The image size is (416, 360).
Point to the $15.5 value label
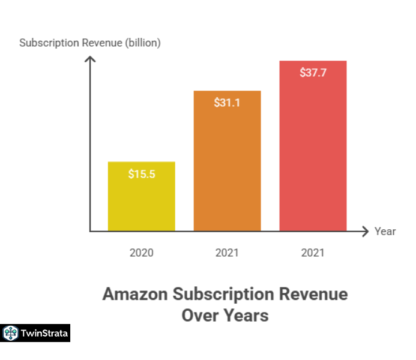point(142,174)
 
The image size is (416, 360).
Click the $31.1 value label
point(227,103)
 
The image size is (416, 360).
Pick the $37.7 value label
point(313,73)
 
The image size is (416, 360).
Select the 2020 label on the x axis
point(142,253)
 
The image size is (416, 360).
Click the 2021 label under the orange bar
point(227,253)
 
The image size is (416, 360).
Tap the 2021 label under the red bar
point(313,253)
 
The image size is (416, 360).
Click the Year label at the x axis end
point(385,232)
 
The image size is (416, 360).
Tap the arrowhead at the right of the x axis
point(364,231)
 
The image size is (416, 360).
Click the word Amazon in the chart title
point(134,295)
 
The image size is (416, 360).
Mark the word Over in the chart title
point(201,315)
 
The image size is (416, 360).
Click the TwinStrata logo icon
point(10,332)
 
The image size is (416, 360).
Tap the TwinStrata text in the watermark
point(44,332)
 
